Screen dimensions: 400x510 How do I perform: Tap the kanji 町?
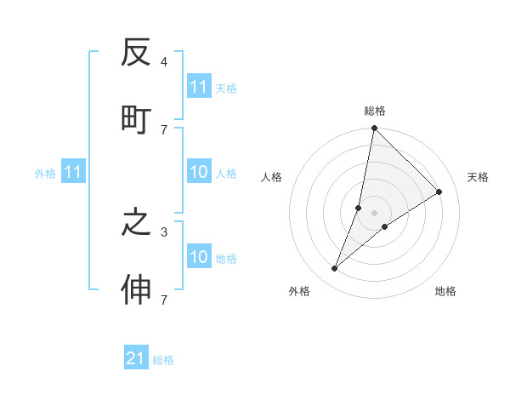[x=136, y=119]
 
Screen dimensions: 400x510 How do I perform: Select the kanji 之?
[x=136, y=223]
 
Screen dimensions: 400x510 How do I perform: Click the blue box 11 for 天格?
[x=199, y=87]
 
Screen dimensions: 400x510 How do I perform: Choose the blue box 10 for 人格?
[x=199, y=172]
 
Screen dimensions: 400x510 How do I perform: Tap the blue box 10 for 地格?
[x=199, y=257]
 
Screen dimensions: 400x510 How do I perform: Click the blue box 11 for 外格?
[x=73, y=172]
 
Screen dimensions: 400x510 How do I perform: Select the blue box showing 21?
[x=136, y=358]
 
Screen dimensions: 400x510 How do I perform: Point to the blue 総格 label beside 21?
[x=163, y=360]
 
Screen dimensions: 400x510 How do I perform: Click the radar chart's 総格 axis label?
[x=375, y=111]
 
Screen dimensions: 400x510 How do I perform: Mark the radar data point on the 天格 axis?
[x=439, y=192]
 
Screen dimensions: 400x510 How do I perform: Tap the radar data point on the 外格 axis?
[x=335, y=269]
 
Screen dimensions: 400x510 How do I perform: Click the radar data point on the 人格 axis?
[x=359, y=208]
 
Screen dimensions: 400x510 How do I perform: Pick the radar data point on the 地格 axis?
[x=385, y=226]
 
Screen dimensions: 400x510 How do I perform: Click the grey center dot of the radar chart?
[x=375, y=213]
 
